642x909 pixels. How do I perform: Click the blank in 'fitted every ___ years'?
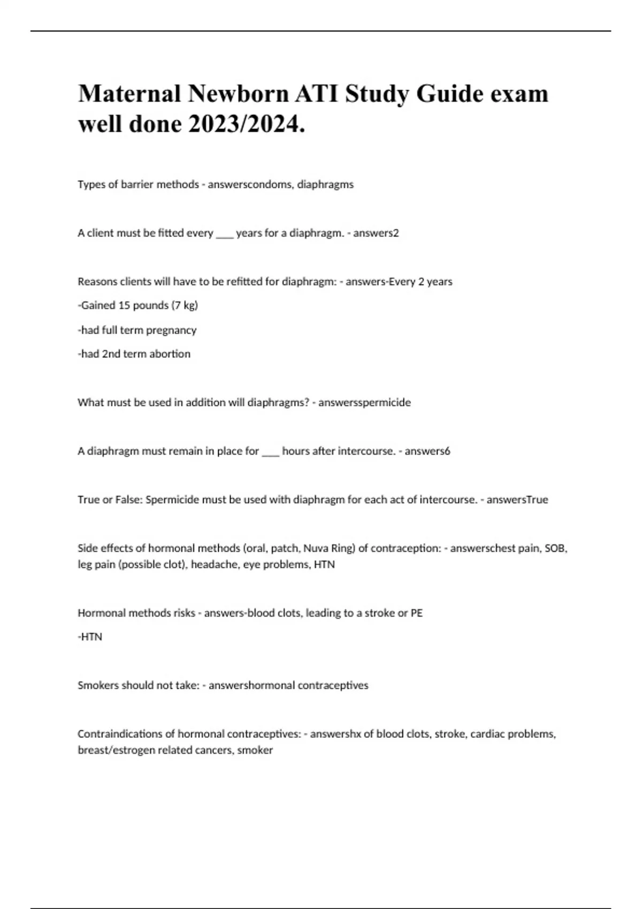coord(225,234)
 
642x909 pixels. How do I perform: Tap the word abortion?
coord(170,354)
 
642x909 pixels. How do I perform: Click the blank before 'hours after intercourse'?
coord(271,451)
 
